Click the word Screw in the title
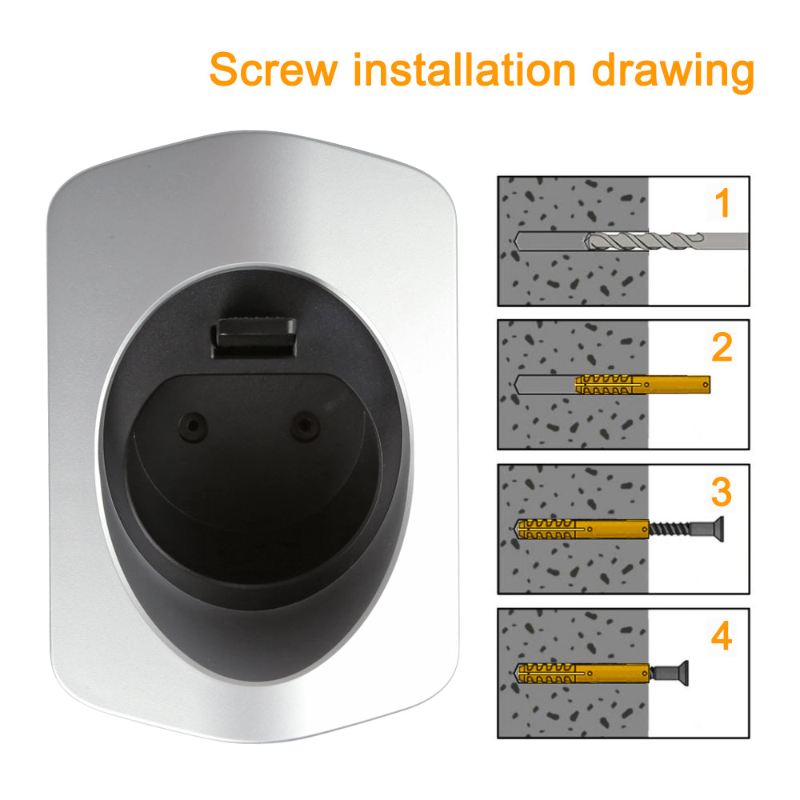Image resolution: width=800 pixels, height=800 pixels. [274, 70]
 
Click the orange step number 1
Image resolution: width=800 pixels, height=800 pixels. [722, 203]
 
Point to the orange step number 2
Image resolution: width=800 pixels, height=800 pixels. [722, 347]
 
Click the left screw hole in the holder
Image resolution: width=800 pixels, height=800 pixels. [192, 426]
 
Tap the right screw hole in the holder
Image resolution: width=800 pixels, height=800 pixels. [305, 426]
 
